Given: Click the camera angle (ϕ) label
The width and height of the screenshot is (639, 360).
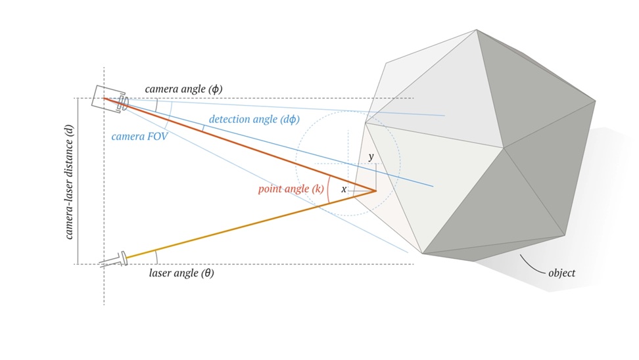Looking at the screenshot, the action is [183, 89].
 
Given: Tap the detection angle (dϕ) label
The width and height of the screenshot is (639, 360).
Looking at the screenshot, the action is [254, 120].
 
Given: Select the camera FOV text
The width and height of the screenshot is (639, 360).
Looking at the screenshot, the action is [139, 137].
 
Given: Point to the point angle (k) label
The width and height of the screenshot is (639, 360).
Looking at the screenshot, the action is [291, 189].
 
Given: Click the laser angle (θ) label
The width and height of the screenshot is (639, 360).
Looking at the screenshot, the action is [181, 273].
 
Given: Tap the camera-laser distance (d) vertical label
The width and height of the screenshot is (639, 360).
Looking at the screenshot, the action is [69, 182].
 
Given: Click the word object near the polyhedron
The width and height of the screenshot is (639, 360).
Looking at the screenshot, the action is [561, 273].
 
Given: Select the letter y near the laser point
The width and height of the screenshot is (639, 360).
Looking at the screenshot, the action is [371, 156].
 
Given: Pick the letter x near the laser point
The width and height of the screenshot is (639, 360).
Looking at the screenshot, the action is [344, 189].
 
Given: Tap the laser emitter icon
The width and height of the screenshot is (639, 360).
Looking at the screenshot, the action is [114, 260].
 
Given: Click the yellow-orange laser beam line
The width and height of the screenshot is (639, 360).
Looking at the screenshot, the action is [250, 225].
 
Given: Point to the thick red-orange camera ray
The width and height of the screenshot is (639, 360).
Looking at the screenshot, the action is [239, 145].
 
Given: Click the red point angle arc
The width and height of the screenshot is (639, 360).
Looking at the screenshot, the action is [327, 191].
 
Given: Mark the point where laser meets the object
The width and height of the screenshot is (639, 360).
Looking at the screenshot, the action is [376, 191].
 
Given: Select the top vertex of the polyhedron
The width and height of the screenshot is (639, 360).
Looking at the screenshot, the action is [476, 30].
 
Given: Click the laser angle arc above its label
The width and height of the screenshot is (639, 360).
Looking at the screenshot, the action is [156, 257].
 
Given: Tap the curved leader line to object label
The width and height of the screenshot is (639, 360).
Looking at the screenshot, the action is [531, 265].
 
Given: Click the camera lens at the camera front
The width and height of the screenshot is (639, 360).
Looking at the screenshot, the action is [123, 103].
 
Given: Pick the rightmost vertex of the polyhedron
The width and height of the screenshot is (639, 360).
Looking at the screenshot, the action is [596, 101].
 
